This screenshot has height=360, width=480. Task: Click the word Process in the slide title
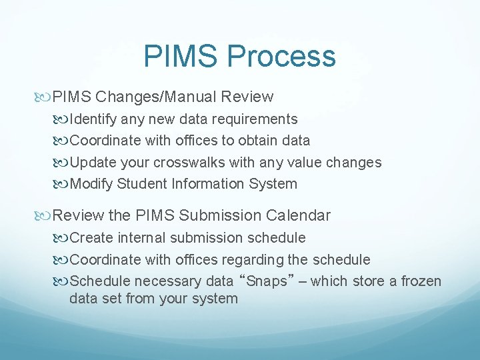[283, 56]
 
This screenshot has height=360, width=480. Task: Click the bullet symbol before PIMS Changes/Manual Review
[45, 97]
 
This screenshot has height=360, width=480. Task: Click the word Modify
[91, 184]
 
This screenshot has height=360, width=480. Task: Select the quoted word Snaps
[267, 281]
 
